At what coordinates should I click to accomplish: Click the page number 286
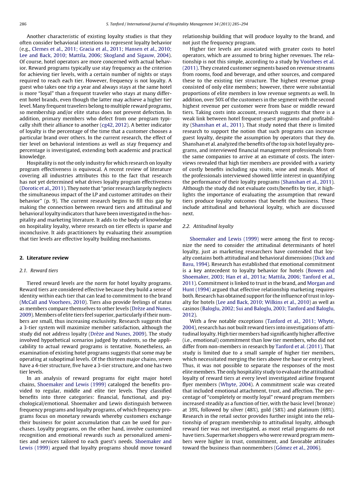pos(23,24)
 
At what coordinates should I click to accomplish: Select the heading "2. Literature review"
pos(44,258)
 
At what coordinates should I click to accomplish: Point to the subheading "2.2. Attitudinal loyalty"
pos(208,226)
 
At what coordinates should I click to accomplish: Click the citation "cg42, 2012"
pos(115,125)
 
